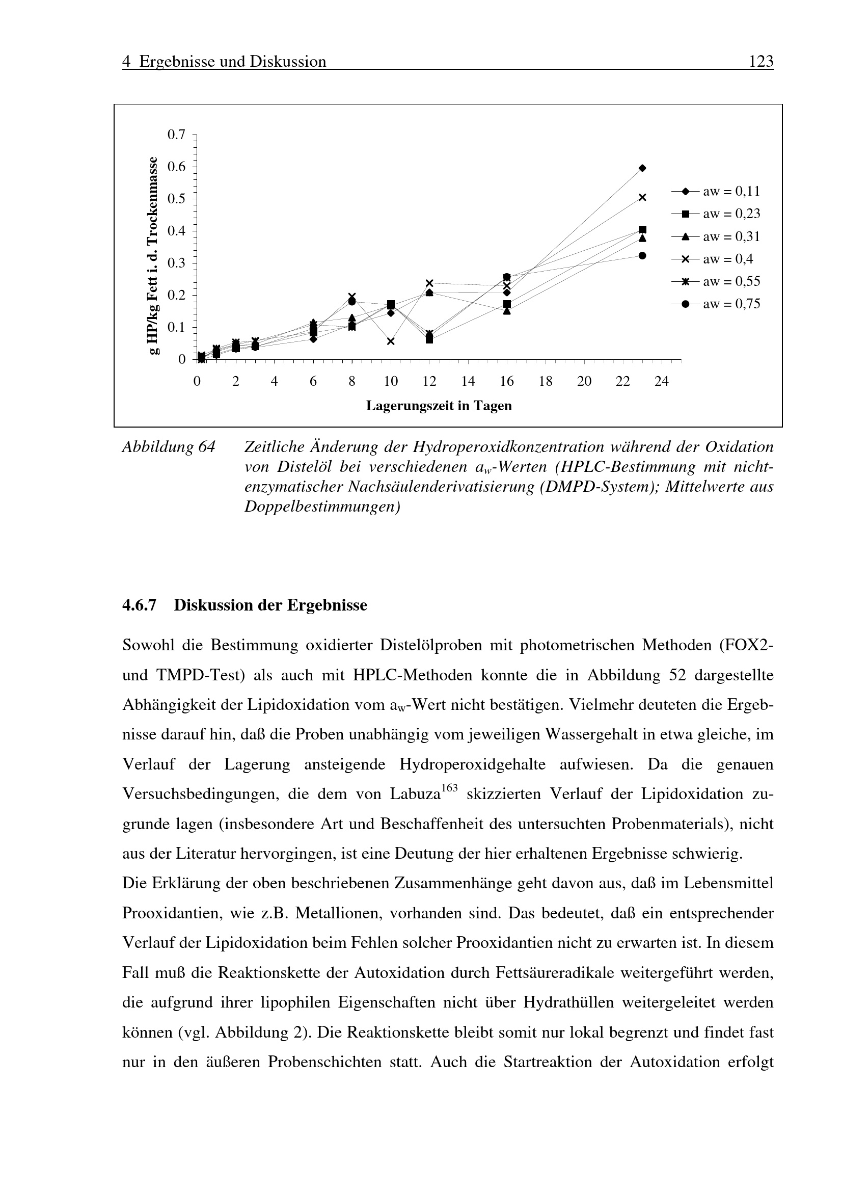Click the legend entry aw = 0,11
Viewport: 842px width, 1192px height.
716,192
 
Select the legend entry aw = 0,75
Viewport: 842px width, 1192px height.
716,304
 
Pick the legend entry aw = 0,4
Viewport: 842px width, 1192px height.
716,259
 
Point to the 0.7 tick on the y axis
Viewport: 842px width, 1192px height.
176,135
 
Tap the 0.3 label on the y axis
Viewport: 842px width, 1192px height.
176,263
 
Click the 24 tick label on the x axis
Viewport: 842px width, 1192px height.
662,382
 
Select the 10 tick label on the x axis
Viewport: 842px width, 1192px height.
391,382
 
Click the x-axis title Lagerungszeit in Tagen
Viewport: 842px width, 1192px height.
439,406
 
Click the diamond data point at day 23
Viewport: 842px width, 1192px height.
642,168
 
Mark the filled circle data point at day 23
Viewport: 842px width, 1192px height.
642,255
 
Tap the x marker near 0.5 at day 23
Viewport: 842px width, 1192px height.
642,197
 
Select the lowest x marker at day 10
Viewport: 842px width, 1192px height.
391,341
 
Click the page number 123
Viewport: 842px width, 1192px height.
761,62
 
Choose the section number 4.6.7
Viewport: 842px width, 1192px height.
139,605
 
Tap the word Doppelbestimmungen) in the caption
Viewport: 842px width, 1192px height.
322,507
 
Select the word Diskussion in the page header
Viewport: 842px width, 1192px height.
288,62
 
